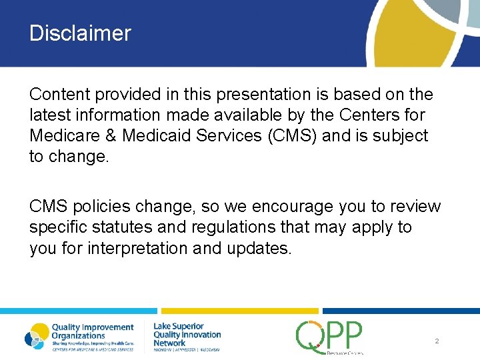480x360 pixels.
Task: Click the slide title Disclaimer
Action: pyautogui.click(x=80, y=33)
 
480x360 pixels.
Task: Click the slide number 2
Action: pyautogui.click(x=436, y=341)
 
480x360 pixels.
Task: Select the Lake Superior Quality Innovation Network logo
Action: pyautogui.click(x=187, y=336)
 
